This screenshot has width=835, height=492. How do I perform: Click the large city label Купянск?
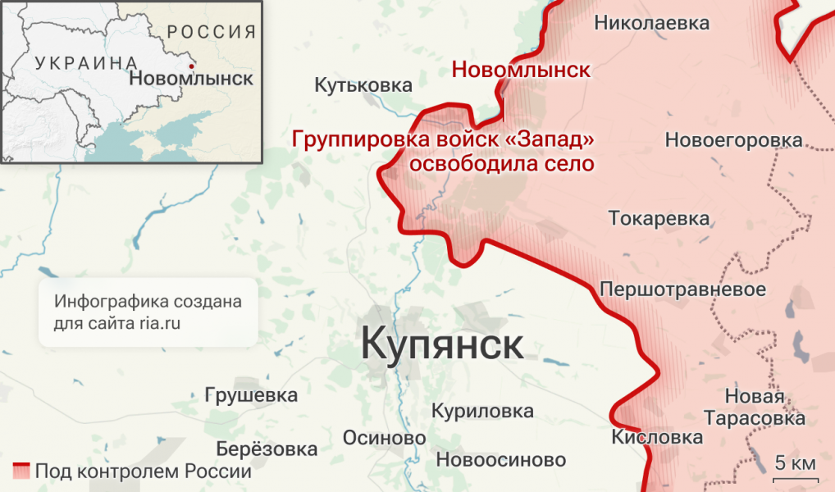pos(442,344)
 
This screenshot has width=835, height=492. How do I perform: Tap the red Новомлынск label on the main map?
pos(521,70)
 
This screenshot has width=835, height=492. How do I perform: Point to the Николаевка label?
pos(651,23)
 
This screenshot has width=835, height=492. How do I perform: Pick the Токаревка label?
pos(659,219)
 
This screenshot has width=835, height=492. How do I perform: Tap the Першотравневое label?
pos(683,289)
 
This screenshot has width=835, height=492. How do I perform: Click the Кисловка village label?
pos(657,437)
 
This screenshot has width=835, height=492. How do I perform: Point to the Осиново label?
pos(384,438)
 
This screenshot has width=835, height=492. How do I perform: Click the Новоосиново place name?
pos(501,460)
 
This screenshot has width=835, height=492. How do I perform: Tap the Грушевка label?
pos(251,396)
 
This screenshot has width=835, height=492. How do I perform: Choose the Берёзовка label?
pos(267,449)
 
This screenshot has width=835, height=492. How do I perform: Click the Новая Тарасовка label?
pos(764,408)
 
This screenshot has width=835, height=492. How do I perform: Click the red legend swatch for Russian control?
pos(21,471)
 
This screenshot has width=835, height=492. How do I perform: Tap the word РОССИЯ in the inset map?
pos(211,32)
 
